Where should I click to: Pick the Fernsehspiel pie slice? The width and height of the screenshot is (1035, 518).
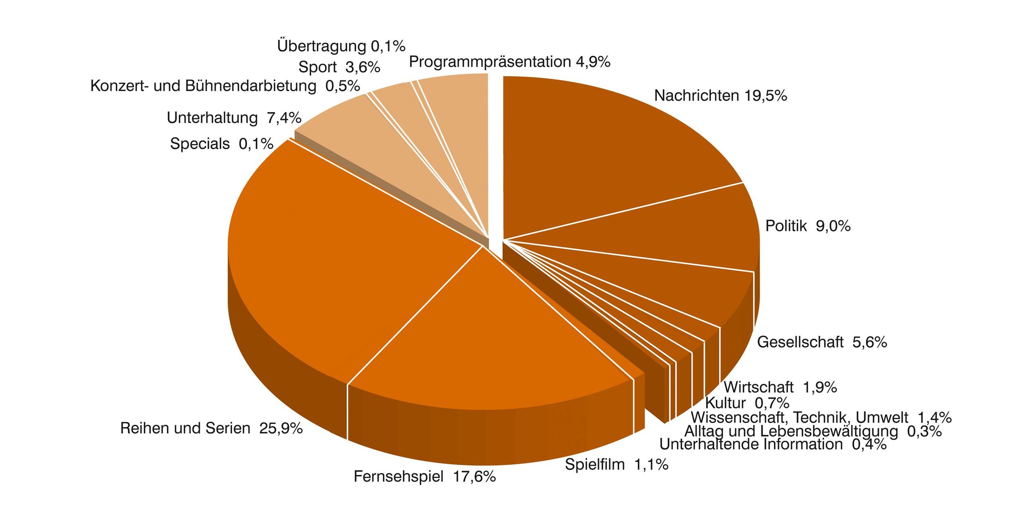click(482, 342)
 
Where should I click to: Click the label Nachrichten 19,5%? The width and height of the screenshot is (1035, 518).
click(721, 96)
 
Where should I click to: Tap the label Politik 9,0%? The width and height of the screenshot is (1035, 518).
click(808, 226)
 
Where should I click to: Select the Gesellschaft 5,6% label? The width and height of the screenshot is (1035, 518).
click(822, 342)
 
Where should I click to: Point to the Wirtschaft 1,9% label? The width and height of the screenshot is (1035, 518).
click(780, 387)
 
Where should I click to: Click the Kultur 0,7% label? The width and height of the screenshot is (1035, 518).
click(747, 402)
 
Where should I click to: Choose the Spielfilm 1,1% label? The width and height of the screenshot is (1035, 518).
click(616, 465)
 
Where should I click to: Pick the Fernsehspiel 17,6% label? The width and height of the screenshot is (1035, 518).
click(424, 477)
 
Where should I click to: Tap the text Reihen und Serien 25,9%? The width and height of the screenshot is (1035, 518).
click(211, 428)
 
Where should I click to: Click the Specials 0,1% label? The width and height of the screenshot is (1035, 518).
click(221, 143)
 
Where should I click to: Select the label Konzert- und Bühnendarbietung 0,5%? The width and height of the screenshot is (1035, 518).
click(225, 86)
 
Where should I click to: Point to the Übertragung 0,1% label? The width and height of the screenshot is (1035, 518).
click(341, 46)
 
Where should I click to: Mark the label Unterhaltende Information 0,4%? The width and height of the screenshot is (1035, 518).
click(773, 444)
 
